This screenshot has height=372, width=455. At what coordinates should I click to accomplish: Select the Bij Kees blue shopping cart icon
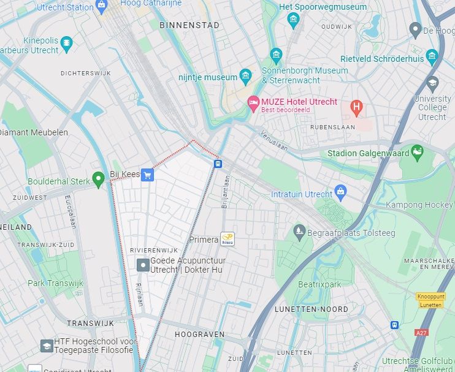pos(147,175)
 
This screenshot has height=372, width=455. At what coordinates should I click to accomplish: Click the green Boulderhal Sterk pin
pos(98,180)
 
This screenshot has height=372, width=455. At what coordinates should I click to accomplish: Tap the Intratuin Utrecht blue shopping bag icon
pos(341,194)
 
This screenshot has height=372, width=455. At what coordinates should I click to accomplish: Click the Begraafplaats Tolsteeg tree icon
pos(299,231)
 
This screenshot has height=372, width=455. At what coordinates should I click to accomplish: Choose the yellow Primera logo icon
pos(228,240)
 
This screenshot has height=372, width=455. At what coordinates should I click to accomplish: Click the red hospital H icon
pos(356,108)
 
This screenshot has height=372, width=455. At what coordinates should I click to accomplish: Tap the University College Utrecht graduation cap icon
pos(433,83)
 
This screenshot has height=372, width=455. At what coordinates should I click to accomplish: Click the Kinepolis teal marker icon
pos(66,44)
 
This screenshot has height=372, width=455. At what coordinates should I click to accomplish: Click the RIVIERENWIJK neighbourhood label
pos(154,250)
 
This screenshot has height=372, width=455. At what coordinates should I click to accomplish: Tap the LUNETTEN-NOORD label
pos(311,309)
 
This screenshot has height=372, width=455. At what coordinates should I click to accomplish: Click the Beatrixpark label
pos(319,284)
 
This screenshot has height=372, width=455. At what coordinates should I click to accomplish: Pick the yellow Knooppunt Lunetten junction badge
pos(430,300)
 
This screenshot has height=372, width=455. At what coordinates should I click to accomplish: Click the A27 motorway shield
pos(421,332)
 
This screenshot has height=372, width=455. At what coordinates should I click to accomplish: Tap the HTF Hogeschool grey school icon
pos(47,346)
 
